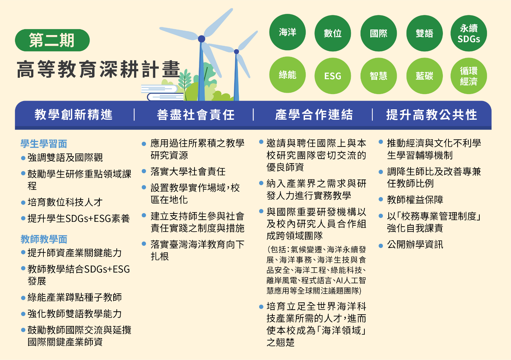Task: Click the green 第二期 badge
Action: click(x=52, y=40)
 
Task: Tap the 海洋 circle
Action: click(x=287, y=32)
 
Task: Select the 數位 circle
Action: click(x=332, y=33)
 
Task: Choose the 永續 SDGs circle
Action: click(x=469, y=33)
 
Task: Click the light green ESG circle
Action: click(x=332, y=76)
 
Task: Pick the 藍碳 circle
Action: click(x=425, y=76)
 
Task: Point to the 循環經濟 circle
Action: click(x=469, y=76)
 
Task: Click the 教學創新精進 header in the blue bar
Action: click(x=73, y=115)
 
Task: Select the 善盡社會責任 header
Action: click(x=196, y=115)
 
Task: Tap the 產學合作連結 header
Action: click(x=314, y=115)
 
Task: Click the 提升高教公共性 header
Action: click(x=431, y=115)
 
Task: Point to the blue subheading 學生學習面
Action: click(x=44, y=144)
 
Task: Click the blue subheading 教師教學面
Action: click(x=44, y=239)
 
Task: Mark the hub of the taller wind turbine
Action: click(x=201, y=39)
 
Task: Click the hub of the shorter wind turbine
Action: click(x=237, y=51)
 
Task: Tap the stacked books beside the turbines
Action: click(x=163, y=93)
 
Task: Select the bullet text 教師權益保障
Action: click(x=415, y=200)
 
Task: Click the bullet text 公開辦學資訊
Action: click(x=415, y=245)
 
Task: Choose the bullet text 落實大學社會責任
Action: click(x=188, y=171)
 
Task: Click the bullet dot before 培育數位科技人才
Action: click(x=23, y=202)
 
